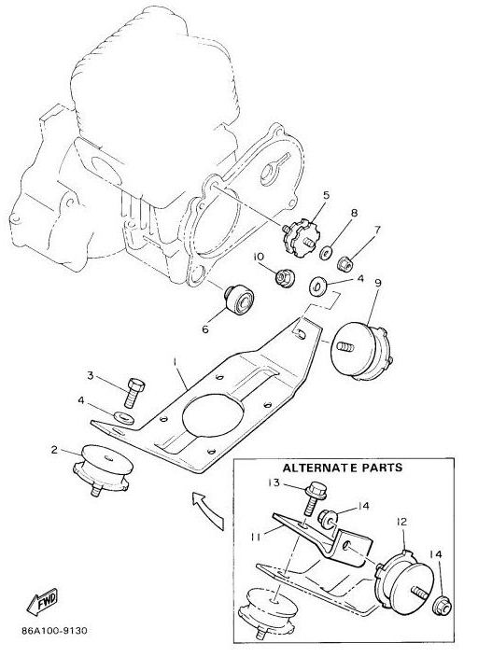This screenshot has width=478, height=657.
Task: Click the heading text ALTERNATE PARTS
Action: [342, 468]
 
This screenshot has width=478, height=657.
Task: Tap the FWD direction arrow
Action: [42, 603]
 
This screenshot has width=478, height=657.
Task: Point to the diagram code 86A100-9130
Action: [54, 631]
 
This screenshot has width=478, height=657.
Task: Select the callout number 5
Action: [326, 195]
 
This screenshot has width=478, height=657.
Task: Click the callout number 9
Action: [378, 284]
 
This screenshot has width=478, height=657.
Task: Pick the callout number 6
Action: [205, 329]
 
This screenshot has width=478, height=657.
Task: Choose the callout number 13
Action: [274, 482]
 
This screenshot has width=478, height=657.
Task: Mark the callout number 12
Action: [402, 522]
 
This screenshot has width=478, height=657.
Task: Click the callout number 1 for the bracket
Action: [176, 361]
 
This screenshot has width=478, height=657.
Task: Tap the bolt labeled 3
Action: [134, 392]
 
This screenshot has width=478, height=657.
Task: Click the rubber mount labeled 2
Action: [102, 470]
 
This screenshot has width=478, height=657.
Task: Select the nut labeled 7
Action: [345, 263]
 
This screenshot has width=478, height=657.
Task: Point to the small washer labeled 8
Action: [325, 253]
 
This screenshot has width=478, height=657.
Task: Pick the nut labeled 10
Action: [285, 278]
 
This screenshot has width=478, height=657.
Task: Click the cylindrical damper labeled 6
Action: [238, 299]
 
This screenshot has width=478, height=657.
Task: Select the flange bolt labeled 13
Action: [314, 497]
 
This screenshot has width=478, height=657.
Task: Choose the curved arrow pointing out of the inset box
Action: [207, 508]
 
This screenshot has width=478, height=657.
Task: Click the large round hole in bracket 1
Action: [213, 414]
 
